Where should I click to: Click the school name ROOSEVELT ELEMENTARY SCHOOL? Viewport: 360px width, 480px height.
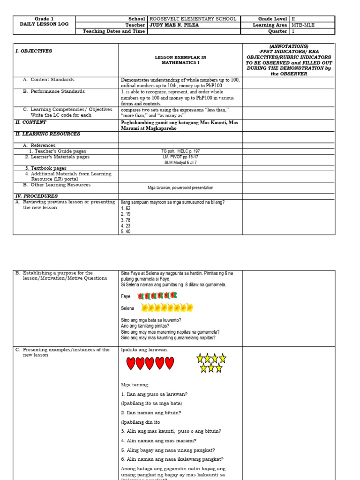coord(193,19)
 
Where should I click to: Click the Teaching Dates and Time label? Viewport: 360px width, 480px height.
coord(114,31)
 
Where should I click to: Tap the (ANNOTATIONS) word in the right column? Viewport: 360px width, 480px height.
coord(289,46)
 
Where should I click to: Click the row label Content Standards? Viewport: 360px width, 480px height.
coord(52,80)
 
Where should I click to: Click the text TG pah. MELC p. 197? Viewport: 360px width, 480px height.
coord(180,151)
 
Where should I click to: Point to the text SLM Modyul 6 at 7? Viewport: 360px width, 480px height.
coord(180,162)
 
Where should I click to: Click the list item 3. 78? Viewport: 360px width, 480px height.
coord(125,220)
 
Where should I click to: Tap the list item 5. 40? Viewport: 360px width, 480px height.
coord(125,231)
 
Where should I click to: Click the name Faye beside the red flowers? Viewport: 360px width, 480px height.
coord(126,297)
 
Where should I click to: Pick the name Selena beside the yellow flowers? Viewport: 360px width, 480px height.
coord(127,308)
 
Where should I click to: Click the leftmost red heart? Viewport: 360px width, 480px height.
coord(131,363)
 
